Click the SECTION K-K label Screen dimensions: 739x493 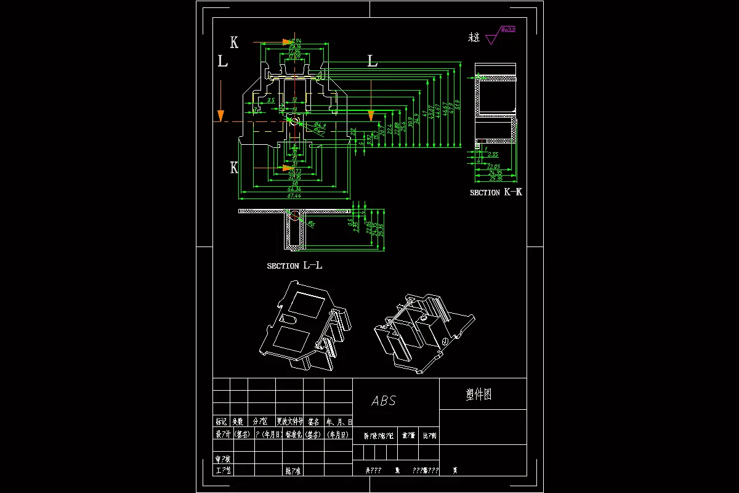tap(496, 192)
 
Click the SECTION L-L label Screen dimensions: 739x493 tap(294, 266)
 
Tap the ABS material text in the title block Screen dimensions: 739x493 tap(384, 401)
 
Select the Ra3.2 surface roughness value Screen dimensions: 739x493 tap(508, 29)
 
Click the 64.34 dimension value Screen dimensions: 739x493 tap(294, 189)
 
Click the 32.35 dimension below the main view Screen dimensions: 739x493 tap(294, 177)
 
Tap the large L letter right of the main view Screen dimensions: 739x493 tap(372, 60)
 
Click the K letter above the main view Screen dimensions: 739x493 tap(234, 42)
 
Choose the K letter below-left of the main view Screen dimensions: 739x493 tap(234, 168)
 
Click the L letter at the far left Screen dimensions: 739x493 tap(222, 61)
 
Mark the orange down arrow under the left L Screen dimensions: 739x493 tap(220, 115)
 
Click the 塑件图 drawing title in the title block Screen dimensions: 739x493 tap(479, 394)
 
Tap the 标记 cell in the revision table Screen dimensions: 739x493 tap(221, 422)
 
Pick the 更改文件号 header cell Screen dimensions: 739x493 tap(289, 422)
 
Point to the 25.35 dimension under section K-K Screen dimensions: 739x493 tap(496, 180)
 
